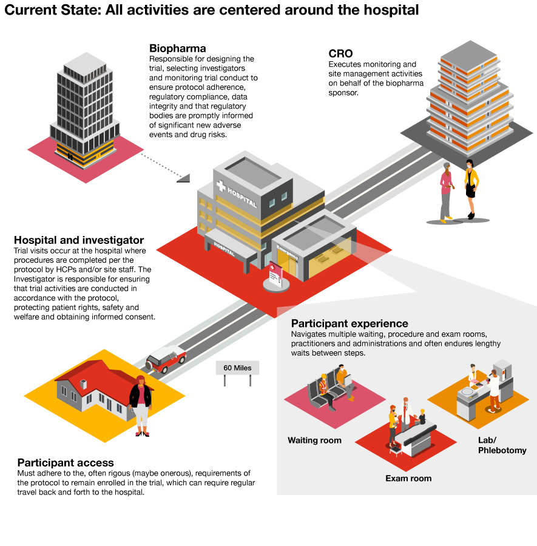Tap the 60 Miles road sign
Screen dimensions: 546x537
point(237,368)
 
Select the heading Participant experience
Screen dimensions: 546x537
point(350,323)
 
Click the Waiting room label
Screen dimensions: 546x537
point(314,440)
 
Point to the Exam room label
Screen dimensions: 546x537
point(408,478)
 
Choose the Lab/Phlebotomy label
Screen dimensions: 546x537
point(502,445)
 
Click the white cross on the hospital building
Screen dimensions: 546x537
point(221,186)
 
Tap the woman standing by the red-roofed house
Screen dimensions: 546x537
point(141,403)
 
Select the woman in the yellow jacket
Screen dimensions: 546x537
point(471,188)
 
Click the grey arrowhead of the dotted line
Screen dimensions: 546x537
point(184,178)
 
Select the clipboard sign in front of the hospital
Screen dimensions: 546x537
point(275,276)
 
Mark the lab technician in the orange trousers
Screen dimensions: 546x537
point(495,388)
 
